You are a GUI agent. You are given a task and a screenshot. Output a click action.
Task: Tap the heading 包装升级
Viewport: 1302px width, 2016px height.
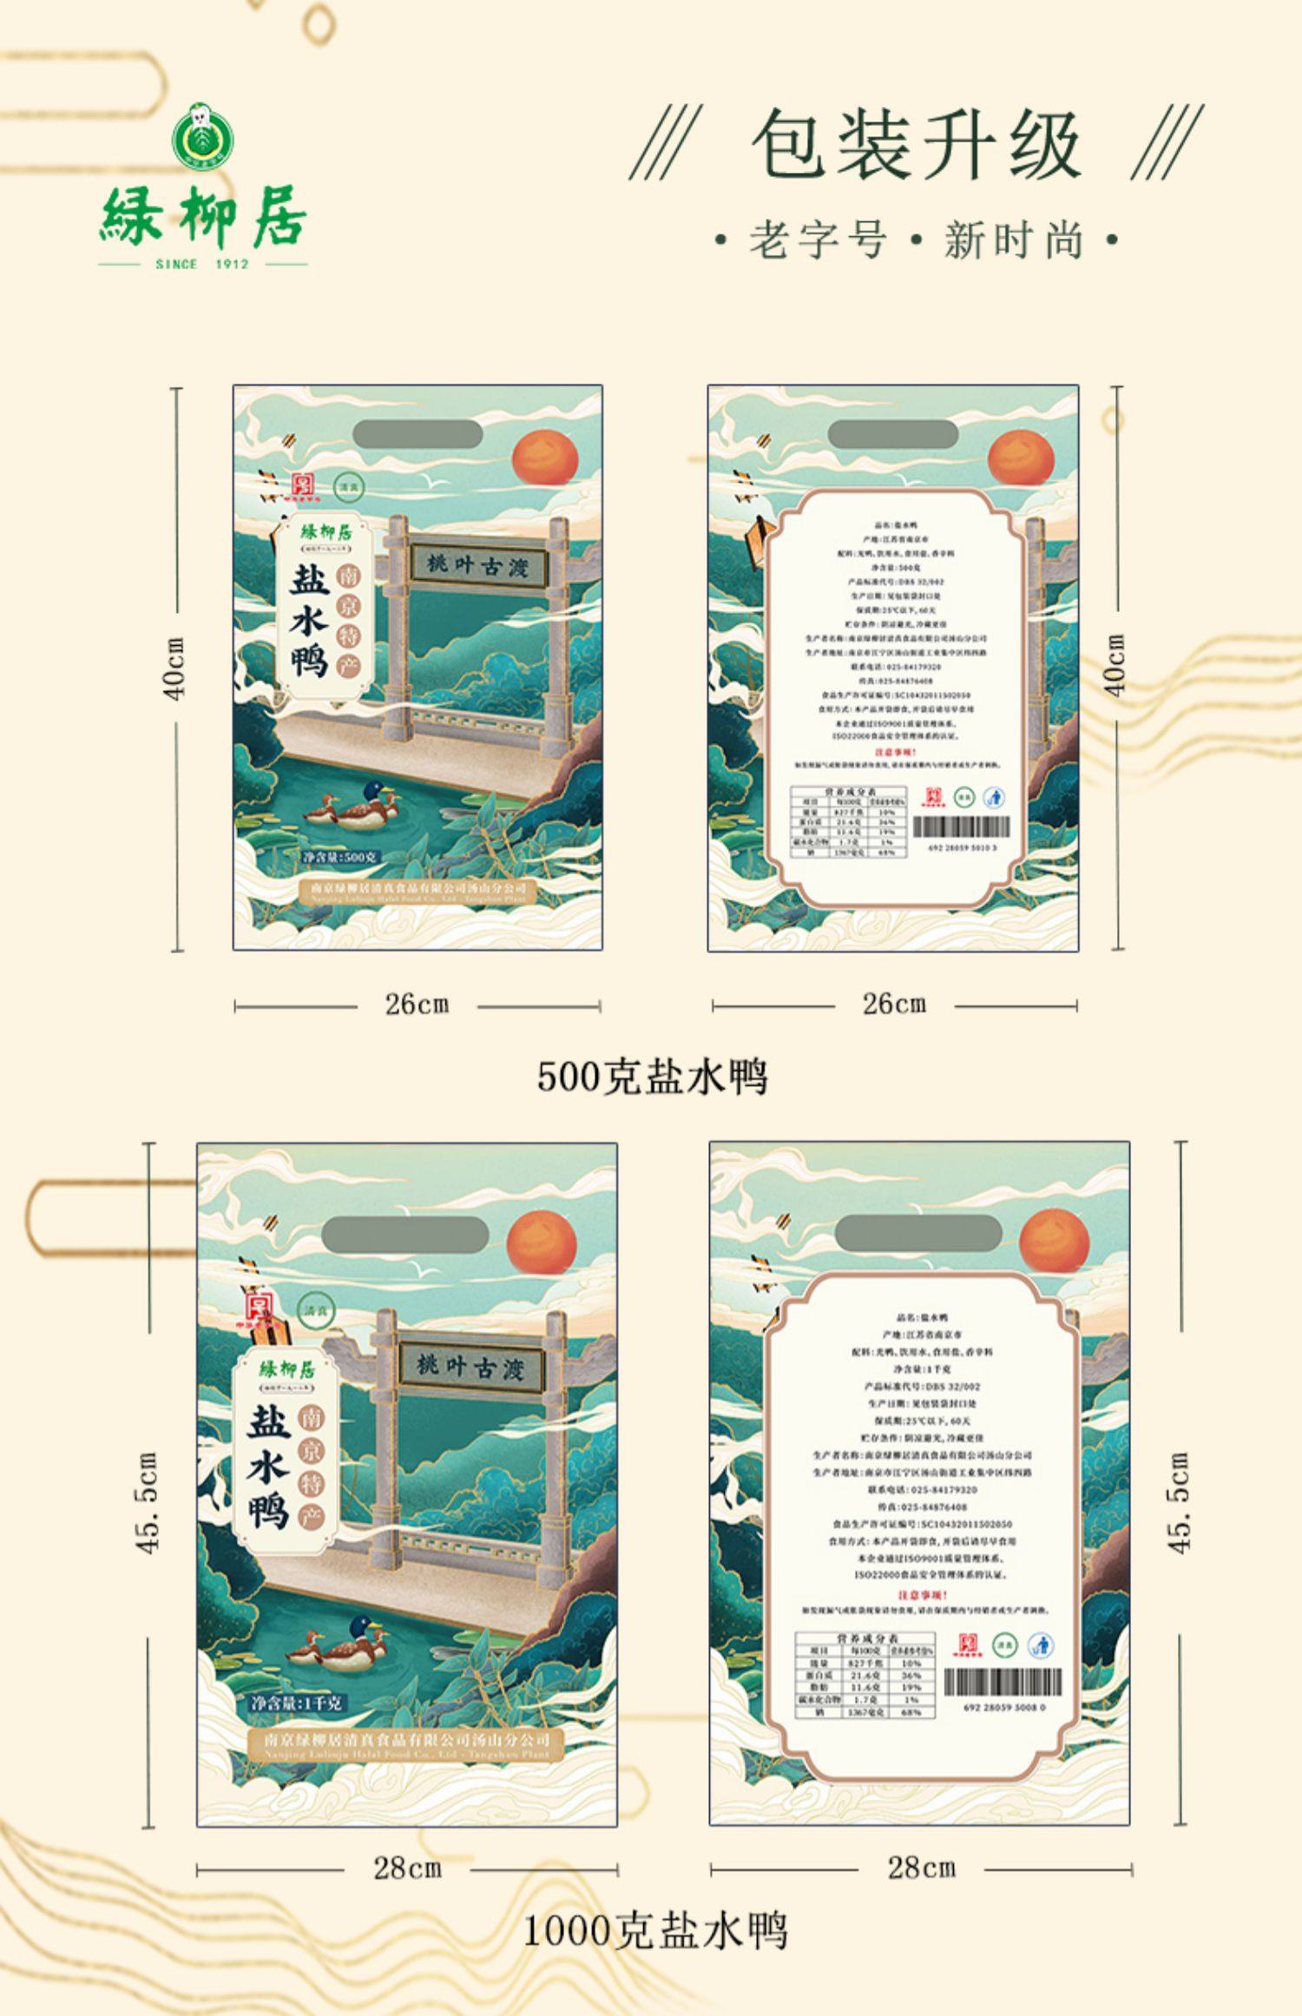coord(916,145)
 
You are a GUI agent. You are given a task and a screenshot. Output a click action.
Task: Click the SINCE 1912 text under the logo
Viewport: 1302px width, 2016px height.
coord(202,264)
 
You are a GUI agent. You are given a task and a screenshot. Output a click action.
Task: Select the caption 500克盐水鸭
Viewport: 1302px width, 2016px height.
coord(652,1077)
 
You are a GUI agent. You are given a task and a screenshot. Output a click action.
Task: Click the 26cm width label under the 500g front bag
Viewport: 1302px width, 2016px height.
coord(417,1005)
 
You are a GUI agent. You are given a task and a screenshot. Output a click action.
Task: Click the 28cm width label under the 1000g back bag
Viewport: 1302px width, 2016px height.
coord(921,1867)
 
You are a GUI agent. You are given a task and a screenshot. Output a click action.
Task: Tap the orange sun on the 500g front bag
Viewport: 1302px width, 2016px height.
coord(545,458)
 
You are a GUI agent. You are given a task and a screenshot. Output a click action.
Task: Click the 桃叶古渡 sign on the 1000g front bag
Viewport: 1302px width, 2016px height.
coord(471,1368)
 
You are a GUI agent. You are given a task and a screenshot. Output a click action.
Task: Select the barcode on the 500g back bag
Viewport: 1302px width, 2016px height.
coord(962,826)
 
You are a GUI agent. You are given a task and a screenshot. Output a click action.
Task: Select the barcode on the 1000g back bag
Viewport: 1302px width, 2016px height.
coord(1003,1683)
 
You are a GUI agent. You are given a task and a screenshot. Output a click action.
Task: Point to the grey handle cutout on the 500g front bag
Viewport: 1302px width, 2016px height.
coord(418,434)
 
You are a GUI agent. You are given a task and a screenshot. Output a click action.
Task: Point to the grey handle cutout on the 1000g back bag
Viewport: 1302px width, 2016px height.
coord(918,1233)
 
